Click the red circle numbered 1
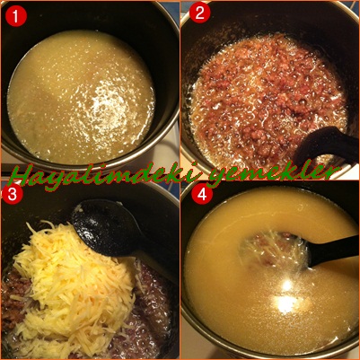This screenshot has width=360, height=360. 16,16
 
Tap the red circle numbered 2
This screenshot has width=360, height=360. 200,12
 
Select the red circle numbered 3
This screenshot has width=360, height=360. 13,194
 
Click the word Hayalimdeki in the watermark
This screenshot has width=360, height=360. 107,176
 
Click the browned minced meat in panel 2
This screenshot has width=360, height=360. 267,99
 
